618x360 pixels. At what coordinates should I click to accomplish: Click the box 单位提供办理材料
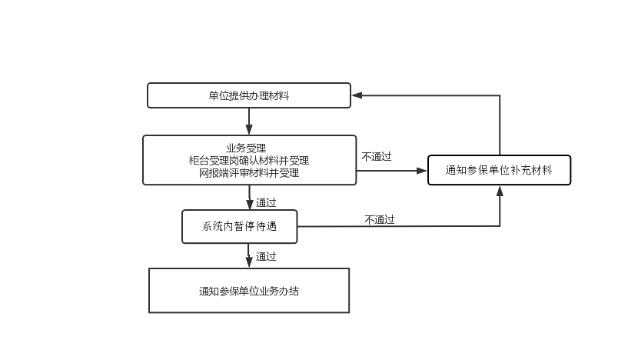coord(248,95)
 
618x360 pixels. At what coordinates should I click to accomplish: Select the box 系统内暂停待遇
coord(239,226)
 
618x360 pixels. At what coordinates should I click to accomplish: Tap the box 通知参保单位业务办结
coord(248,291)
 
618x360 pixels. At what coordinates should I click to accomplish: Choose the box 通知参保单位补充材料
coord(499,170)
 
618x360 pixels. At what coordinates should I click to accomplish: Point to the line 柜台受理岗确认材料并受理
coord(248,160)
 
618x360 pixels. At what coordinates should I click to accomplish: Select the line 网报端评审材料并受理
coord(248,173)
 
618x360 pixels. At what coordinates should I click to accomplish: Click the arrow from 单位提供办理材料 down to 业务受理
coord(249,121)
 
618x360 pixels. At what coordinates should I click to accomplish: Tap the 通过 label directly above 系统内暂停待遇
coord(266,202)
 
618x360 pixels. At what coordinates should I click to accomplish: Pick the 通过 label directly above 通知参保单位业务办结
coord(266,256)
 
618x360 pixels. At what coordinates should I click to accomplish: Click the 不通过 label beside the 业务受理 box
coord(377,157)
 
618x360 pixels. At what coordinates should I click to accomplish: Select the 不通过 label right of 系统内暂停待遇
coord(379,219)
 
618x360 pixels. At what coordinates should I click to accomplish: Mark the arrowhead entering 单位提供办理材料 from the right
coord(357,95)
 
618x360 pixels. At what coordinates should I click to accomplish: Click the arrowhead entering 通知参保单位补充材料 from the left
coord(423,170)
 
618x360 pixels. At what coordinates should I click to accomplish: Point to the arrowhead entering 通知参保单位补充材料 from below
coord(500,189)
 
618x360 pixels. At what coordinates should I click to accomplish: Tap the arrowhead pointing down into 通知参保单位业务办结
coord(249,264)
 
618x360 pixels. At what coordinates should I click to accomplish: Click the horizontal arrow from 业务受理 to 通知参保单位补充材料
coord(392,170)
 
